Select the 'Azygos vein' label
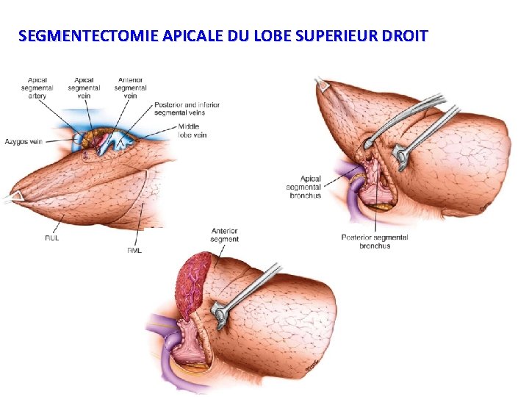point(25,141)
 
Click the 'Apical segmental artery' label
point(37,87)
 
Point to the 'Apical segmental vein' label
point(84,87)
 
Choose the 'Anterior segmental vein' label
point(131,87)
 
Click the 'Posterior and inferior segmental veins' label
point(187,108)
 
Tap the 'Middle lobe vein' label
point(192,130)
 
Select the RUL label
point(51,237)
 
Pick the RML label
point(134,250)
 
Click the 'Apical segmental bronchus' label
point(304,187)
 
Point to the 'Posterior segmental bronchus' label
point(375,241)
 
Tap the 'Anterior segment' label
point(224,235)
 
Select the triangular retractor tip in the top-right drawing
point(322,85)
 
